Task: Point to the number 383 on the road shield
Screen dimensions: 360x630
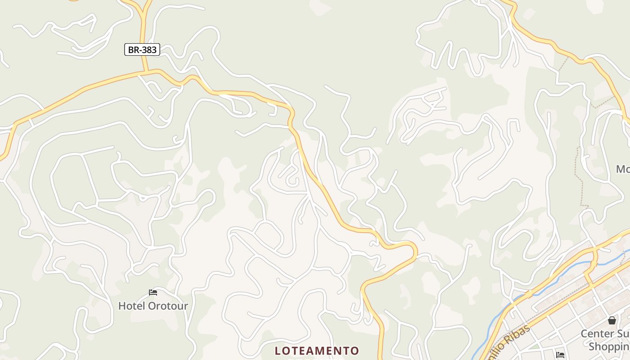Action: [148, 49]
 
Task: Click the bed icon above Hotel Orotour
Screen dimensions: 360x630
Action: [153, 292]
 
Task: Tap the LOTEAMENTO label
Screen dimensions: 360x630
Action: [317, 351]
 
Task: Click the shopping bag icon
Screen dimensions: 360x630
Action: [612, 320]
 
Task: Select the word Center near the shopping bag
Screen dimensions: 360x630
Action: [597, 333]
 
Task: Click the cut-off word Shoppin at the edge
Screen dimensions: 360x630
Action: [609, 346]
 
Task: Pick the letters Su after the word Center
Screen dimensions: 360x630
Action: [622, 333]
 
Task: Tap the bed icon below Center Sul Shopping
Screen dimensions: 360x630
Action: [560, 355]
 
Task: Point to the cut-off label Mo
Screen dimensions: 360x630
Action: [623, 169]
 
